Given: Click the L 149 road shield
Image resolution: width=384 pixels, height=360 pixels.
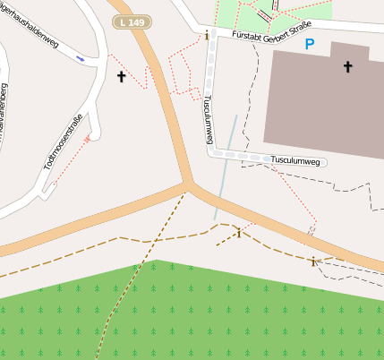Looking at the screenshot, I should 131,20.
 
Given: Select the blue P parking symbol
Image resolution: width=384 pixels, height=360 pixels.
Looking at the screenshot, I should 310,44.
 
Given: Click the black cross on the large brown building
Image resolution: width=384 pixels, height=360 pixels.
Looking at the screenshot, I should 347,66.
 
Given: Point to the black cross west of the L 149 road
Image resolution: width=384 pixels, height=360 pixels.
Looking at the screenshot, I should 121,77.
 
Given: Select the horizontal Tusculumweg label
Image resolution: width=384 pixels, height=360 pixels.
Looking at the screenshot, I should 295,160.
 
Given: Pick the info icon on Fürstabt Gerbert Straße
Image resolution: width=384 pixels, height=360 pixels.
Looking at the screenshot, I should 208,36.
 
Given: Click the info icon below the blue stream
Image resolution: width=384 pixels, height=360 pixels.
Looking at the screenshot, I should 238,234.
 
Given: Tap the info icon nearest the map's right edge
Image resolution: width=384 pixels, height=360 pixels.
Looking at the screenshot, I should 312,261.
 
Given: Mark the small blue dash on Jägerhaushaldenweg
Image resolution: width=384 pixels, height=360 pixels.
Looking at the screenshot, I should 81,57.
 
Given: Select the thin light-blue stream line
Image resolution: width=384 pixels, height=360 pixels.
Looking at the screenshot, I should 225,170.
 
